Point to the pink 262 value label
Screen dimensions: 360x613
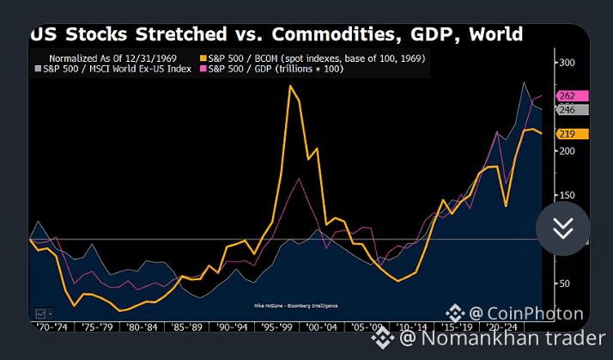[x=570, y=96]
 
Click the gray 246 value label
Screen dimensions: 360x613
[x=570, y=110]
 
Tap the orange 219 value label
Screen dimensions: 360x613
[x=570, y=134]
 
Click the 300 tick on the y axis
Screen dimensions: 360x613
[x=567, y=63]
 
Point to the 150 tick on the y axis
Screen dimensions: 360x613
[x=567, y=195]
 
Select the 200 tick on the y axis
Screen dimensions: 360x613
[x=567, y=150]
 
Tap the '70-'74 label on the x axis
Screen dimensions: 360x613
[x=46, y=327]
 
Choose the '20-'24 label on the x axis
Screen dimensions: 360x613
[x=500, y=327]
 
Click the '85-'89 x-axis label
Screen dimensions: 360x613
[x=186, y=327]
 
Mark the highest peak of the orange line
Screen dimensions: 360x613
[x=291, y=86]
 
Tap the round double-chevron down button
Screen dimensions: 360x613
[x=563, y=229]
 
